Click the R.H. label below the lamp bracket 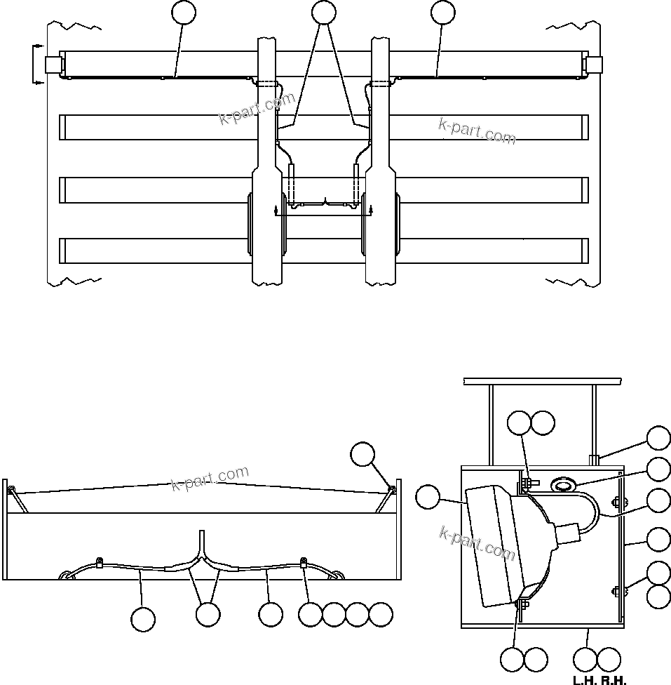pyautogui.click(x=614, y=679)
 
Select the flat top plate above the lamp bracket pyautogui.click(x=542, y=381)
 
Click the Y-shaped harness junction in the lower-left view pyautogui.click(x=203, y=554)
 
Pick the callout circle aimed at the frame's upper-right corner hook pyautogui.click(x=363, y=454)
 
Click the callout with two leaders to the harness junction pyautogui.click(x=208, y=614)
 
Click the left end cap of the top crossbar pyautogui.click(x=53, y=65)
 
